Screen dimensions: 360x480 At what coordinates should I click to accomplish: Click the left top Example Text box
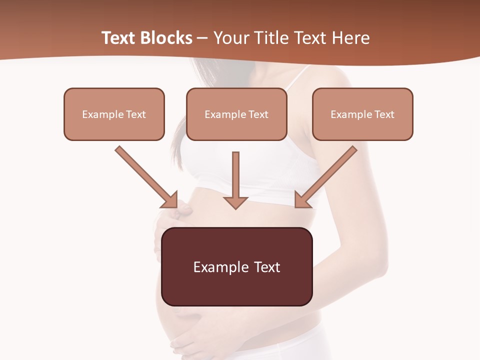point(114,114)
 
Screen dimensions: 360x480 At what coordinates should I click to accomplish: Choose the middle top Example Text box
point(236,114)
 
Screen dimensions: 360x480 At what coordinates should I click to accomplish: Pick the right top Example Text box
point(362,114)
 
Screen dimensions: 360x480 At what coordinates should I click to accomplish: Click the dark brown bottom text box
point(236,266)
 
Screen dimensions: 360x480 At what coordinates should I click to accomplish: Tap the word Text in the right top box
point(384,114)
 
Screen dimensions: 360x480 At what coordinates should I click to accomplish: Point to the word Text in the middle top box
point(258,114)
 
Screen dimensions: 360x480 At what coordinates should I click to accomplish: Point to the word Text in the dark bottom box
point(267,267)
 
